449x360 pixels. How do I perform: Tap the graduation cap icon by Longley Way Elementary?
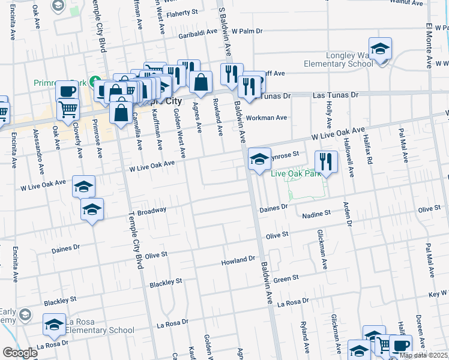coord(380,49)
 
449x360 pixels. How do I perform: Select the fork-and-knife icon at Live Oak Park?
coord(327,161)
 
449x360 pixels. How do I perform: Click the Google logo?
coord(20,353)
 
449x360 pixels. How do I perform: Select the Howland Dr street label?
coord(239,260)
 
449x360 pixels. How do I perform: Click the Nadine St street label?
coord(316,214)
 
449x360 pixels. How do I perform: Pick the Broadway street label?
coord(152,211)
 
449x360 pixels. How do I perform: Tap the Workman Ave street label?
coord(270,118)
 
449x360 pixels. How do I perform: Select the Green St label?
coord(286,278)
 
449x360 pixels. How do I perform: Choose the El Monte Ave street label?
coord(429,46)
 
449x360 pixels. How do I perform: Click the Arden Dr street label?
coord(346,214)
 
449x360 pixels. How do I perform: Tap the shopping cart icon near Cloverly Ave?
coord(68,109)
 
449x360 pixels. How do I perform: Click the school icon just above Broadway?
coord(92,209)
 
